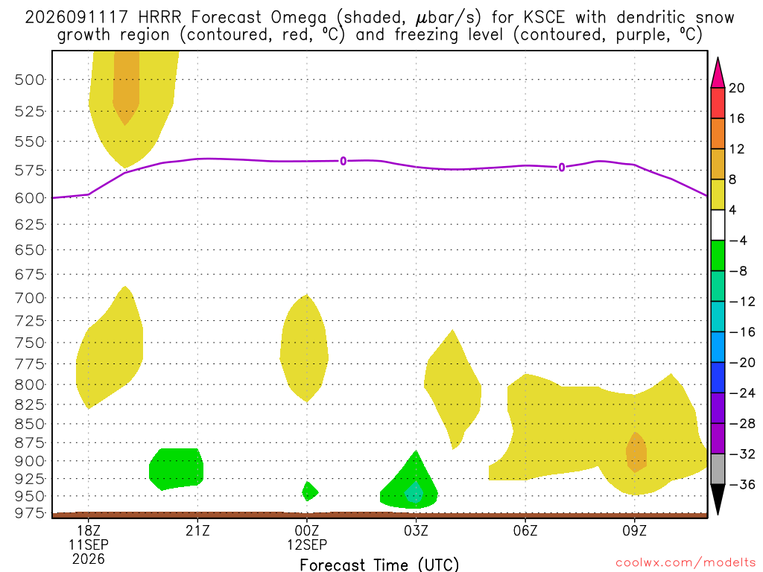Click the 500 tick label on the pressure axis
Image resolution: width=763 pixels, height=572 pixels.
29,79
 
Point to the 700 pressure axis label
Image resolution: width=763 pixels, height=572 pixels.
29,298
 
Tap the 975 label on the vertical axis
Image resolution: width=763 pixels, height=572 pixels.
29,513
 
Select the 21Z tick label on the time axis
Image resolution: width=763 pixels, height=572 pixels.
197,530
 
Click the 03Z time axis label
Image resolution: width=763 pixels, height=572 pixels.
416,530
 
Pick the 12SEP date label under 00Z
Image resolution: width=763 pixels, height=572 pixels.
307,544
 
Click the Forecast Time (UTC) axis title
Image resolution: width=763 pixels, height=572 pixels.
379,565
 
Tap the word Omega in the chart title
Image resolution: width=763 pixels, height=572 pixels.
298,19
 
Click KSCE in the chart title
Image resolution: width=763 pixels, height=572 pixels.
544,18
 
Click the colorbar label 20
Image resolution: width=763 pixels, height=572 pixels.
737,88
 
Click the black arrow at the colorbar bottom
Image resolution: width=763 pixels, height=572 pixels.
718,498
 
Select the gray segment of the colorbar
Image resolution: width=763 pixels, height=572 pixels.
718,469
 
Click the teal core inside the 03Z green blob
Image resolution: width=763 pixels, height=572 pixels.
414,493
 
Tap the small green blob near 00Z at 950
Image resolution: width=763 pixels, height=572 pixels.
309,492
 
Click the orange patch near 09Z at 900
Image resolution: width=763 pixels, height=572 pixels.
636,452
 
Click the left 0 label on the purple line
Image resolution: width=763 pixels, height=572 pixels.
343,161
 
